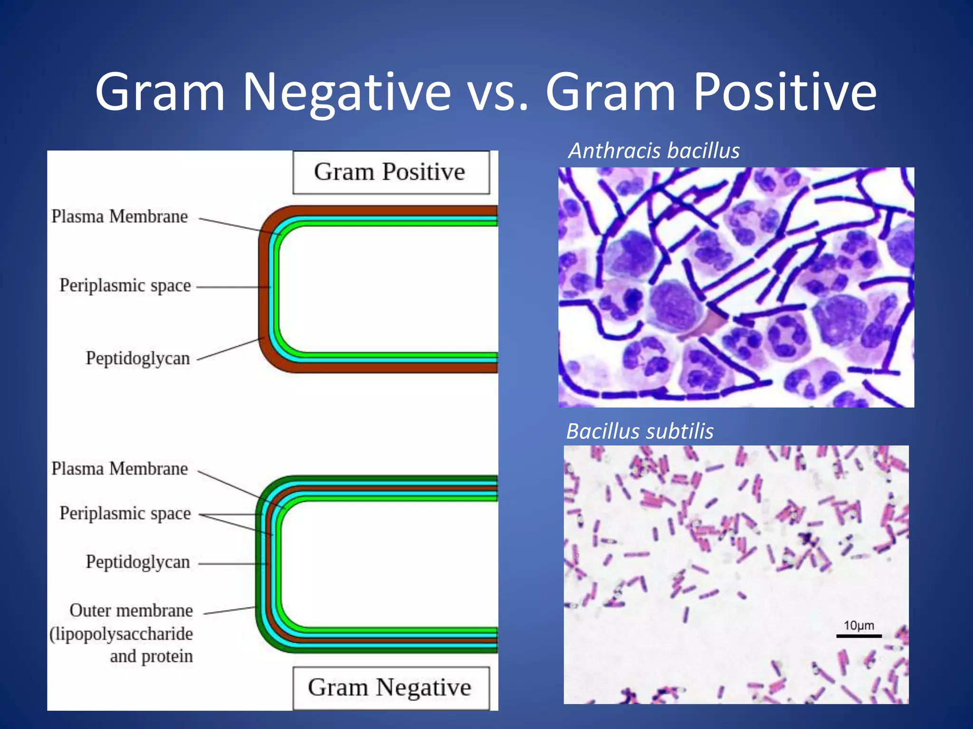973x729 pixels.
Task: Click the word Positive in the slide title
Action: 784,92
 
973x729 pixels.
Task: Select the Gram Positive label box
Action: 391,172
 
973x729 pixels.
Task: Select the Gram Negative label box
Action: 391,688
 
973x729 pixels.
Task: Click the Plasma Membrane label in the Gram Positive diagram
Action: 120,217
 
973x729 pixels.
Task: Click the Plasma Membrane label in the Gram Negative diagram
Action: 120,469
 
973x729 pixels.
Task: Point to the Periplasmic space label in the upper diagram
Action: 125,286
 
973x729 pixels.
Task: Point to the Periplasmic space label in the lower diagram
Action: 125,514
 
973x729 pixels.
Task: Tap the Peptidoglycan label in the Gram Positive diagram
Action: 138,358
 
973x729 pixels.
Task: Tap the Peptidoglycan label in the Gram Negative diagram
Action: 138,562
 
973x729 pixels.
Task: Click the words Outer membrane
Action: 131,611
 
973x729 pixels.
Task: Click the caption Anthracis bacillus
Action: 654,151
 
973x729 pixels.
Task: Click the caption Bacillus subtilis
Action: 640,431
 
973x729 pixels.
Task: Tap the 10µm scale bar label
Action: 859,626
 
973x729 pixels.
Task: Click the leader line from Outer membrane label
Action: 229,610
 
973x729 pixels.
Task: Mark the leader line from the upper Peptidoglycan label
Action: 230,349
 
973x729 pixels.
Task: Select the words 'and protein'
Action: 151,656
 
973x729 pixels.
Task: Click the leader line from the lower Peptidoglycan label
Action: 233,564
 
